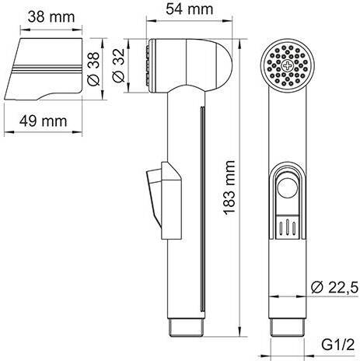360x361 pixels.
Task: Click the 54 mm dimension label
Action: [x=190, y=9]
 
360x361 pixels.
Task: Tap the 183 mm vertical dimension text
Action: [x=229, y=188]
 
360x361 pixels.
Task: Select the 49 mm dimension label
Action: [x=43, y=121]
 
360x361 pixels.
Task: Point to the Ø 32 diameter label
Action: [x=118, y=65]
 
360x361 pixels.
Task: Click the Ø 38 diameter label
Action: [x=93, y=68]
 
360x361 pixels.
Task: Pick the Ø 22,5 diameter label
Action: [x=334, y=287]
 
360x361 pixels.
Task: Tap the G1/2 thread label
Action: [x=338, y=345]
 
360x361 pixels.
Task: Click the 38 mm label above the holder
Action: [x=51, y=17]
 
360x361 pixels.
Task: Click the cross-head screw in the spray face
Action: [x=288, y=65]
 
